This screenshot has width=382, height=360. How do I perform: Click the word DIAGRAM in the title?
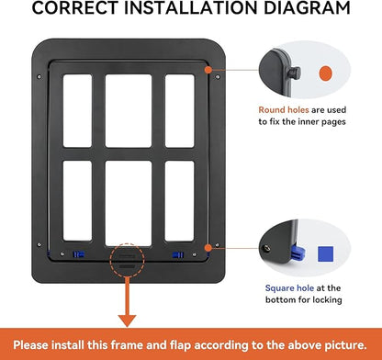point(307,7)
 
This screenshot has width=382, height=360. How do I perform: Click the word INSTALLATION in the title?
point(191,7)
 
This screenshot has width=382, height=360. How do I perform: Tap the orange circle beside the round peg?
point(325,73)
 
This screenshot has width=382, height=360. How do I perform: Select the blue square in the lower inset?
point(325,254)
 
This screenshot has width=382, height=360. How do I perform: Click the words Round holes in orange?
point(284,110)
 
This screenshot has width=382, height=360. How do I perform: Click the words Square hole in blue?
point(289,288)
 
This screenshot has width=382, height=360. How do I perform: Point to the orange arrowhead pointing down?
point(127,321)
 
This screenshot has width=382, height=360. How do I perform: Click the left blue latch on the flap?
point(78,254)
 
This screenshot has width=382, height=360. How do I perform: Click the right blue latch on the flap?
point(178,254)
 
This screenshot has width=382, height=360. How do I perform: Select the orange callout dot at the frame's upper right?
point(208,70)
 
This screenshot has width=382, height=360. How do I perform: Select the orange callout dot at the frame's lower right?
point(208,248)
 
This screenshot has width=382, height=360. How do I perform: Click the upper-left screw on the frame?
point(39,77)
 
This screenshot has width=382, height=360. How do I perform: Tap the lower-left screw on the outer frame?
point(39,244)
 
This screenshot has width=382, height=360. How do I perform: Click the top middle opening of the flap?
point(129,111)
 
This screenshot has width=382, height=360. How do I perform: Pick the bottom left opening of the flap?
point(77,201)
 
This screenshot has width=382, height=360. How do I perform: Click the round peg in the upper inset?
point(296,73)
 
